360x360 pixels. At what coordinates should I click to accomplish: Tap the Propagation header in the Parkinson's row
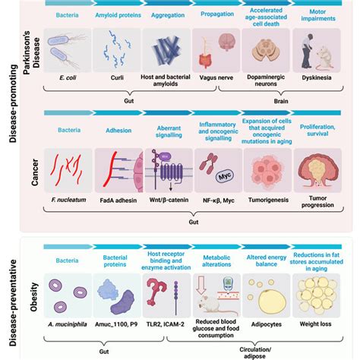click(216, 14)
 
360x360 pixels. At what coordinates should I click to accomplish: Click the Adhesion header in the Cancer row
click(118, 128)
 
